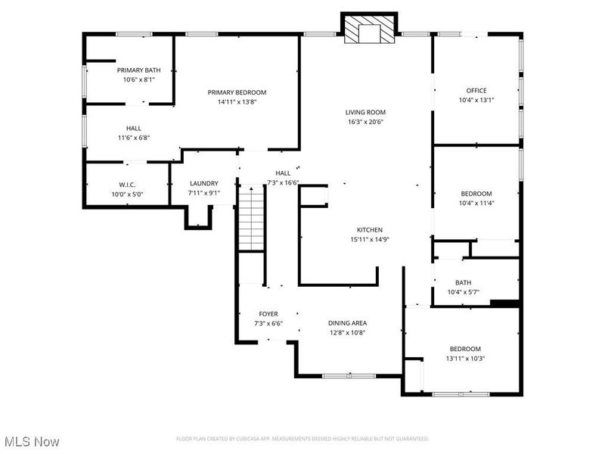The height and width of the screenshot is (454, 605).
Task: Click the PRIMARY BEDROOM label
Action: tap(237, 92)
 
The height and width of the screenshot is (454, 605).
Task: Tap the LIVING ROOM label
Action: tap(366, 112)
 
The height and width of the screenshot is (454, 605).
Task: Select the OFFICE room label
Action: tap(476, 91)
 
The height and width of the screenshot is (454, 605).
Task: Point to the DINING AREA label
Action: tap(348, 323)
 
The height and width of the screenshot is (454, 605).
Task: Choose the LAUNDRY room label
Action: tap(204, 183)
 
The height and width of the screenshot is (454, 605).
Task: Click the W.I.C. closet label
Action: tap(126, 184)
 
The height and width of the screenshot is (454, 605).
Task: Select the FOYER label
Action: tap(268, 314)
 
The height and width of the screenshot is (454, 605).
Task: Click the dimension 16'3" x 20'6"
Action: tap(366, 122)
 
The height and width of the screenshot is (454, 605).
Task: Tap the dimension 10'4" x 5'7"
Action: tap(464, 292)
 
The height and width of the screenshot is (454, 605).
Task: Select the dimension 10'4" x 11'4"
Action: tap(476, 203)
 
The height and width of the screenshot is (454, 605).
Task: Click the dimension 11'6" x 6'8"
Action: tap(134, 138)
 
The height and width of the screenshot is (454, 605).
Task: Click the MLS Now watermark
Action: tap(32, 441)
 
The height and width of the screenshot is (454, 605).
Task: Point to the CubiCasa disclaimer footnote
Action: tap(302, 439)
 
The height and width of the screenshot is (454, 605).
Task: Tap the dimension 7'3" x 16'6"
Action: tap(284, 182)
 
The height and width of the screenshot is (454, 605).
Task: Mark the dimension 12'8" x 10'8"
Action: tap(348, 333)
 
